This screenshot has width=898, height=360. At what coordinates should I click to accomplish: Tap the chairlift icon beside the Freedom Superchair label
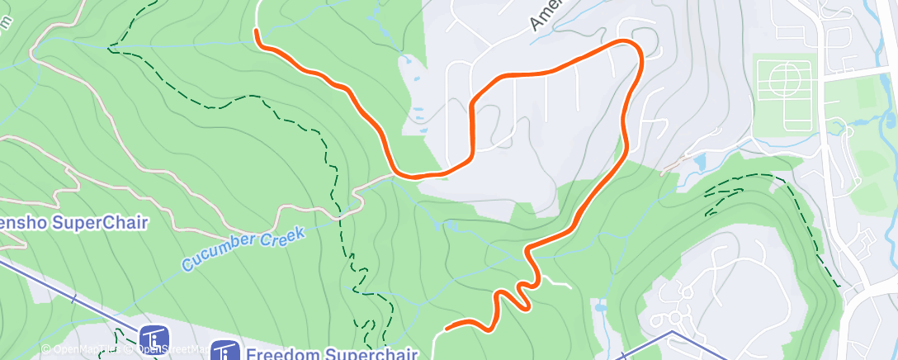(x=224, y=352)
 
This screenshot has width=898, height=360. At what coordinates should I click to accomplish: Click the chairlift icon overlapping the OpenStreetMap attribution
(x=154, y=339)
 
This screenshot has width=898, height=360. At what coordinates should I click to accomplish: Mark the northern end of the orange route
(x=257, y=31)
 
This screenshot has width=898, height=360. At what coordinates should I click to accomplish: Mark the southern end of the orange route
(x=447, y=328)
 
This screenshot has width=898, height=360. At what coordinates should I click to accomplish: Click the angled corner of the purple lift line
(x=673, y=333)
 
